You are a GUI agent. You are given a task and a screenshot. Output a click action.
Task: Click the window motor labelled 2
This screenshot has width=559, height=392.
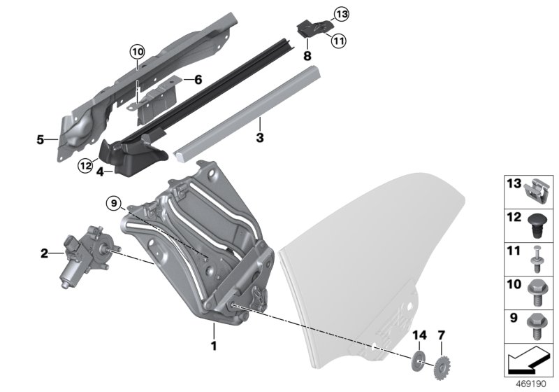84,254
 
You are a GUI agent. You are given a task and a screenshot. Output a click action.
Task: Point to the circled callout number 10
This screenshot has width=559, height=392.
136,50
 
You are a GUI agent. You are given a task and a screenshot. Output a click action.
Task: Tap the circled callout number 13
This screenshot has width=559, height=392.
340,14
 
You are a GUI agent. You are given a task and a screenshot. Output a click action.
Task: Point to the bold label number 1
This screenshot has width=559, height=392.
215,346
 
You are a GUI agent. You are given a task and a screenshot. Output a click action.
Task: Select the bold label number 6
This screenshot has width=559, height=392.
198,80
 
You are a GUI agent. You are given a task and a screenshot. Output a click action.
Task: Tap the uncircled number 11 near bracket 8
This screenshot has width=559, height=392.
339,41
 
